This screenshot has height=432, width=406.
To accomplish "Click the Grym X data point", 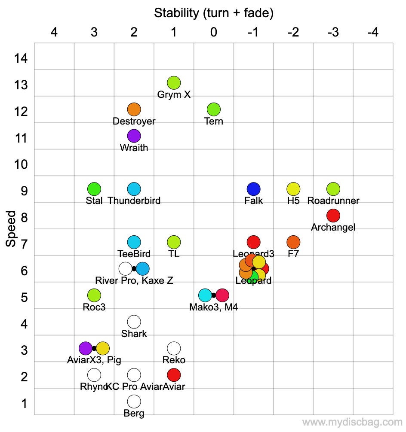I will (x=174, y=82).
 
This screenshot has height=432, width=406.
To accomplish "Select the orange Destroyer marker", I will (x=134, y=109).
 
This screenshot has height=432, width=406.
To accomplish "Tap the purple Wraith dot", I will (x=134, y=136).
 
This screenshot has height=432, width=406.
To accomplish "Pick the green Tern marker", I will (x=214, y=109).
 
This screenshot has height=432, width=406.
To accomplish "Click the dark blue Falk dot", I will (x=254, y=189).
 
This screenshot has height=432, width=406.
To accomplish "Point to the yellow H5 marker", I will (x=293, y=189).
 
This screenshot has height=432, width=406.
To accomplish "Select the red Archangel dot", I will (x=333, y=215).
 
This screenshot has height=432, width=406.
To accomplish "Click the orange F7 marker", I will (x=293, y=242).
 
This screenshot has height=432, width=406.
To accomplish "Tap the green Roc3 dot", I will (x=94, y=295).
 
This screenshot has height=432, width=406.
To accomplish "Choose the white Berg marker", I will (x=134, y=402).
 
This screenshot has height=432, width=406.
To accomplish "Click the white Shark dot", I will (x=134, y=322).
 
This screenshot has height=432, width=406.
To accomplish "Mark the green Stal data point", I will (x=94, y=189).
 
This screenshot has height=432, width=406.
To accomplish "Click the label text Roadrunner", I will (x=333, y=201).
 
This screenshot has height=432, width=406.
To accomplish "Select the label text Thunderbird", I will (x=134, y=201).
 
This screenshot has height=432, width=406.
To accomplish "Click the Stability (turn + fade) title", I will (x=214, y=13).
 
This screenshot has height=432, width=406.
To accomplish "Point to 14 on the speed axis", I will (x=21, y=58).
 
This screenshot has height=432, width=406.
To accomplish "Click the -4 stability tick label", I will (x=372, y=32).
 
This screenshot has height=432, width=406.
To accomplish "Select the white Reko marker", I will (x=174, y=348).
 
